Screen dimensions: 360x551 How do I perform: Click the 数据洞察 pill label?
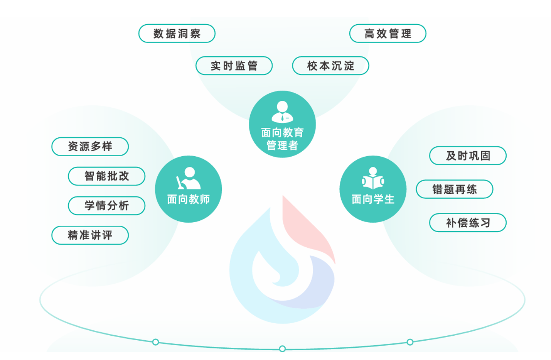177,34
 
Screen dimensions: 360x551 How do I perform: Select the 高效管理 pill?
388,34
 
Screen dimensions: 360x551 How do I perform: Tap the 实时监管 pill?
234,66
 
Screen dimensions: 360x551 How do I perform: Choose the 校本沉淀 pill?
330,66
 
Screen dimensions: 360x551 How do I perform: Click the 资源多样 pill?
90,147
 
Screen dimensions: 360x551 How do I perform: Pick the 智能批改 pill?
106,176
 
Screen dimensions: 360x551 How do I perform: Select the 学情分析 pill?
106,206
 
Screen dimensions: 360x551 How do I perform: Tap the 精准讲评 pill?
90,235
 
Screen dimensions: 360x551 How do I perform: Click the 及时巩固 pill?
468,156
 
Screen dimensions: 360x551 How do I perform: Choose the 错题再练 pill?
455,189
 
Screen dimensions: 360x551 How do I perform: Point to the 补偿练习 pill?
468,223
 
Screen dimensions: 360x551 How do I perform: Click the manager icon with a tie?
282,112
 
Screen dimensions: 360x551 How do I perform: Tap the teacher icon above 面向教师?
188,178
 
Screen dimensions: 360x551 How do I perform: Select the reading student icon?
373,179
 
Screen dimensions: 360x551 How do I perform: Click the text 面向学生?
373,199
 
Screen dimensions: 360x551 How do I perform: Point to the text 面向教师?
188,199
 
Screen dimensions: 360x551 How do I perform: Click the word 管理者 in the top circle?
282,146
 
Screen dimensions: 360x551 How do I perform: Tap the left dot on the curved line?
155,342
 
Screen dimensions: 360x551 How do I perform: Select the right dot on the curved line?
410,342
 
